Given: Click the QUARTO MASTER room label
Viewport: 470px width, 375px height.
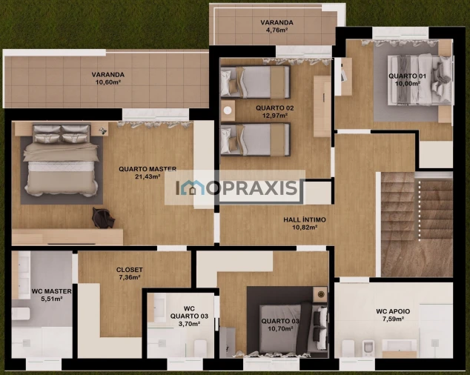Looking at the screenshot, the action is [x=148, y=169].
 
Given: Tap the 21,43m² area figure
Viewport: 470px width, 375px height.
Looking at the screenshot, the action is [x=148, y=176].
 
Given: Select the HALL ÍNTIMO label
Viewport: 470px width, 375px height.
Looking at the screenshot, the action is [x=305, y=219].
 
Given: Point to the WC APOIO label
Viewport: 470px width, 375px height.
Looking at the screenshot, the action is [x=393, y=311].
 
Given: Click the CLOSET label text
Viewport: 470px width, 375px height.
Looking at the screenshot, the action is [x=130, y=270].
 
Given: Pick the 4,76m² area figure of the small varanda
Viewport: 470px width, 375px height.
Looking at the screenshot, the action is [x=277, y=30].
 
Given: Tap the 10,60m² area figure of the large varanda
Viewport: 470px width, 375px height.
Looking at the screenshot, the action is [x=108, y=82].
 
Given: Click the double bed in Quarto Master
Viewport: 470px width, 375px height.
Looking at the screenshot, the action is [x=61, y=160].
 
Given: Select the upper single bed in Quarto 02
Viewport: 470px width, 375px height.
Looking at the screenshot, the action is [x=255, y=82].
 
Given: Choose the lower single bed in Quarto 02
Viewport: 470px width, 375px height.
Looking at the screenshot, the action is [x=255, y=139].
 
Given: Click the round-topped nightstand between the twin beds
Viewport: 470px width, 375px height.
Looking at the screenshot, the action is [x=228, y=110].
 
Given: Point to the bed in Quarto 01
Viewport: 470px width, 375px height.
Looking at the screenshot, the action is [x=420, y=80].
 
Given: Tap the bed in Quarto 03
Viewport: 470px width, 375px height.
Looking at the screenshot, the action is [x=293, y=328].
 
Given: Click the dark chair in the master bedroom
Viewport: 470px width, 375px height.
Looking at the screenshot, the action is [x=103, y=218].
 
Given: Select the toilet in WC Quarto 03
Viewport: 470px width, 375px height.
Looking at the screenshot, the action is [x=200, y=348].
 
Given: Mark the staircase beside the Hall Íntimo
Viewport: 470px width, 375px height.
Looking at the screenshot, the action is [x=417, y=224].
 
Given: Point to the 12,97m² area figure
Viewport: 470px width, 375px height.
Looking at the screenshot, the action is [x=275, y=116].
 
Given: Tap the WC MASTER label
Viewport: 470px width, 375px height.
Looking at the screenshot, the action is [x=52, y=291].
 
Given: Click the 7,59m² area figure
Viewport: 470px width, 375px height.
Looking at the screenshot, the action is [x=393, y=319].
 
